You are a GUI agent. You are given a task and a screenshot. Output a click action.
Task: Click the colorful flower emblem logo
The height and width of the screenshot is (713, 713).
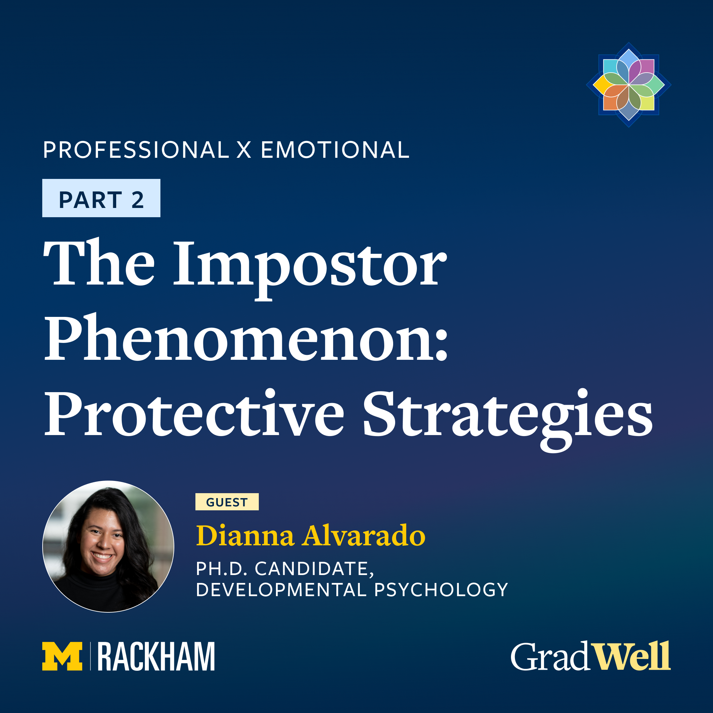pos(628,85)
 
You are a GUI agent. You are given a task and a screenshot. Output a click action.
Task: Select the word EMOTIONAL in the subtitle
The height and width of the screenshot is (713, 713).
pos(335,150)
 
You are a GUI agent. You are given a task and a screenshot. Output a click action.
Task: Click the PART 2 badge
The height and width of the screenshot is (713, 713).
pos(101,198)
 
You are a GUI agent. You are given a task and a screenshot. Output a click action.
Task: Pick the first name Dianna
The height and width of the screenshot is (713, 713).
pos(245,535)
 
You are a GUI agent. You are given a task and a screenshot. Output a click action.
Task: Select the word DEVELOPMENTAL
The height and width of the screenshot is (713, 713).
pos(281,590)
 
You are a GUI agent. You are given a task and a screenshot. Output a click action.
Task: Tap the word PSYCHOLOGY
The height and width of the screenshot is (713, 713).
pos(441,590)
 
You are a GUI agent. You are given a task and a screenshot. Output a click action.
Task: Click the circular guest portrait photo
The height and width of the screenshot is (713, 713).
pos(108,547)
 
